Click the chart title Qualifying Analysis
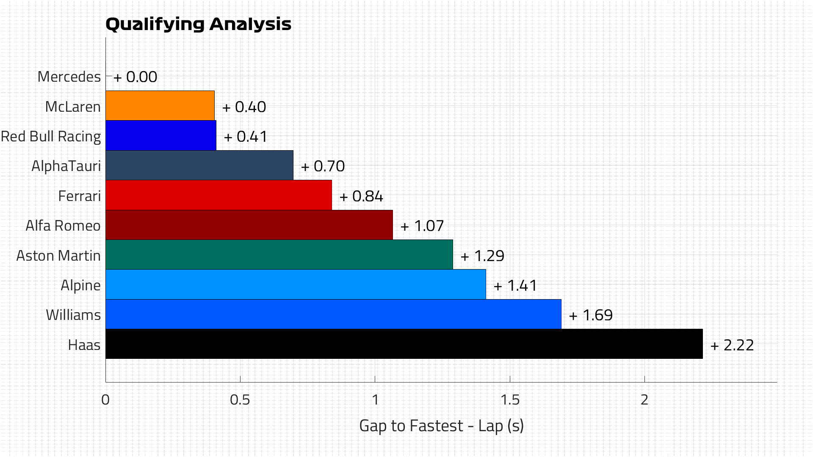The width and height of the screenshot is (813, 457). [198, 24]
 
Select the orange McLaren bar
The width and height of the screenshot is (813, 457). [160, 106]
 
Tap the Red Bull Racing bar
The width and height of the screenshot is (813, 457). [161, 136]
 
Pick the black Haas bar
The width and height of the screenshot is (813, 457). [404, 344]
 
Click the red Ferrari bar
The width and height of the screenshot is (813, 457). [218, 195]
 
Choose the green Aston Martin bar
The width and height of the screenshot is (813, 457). [279, 255]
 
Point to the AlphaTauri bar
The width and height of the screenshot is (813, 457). [199, 165]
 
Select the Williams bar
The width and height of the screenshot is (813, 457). [333, 314]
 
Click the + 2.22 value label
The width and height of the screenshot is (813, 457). [732, 345]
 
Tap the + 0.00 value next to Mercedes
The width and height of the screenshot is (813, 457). [135, 77]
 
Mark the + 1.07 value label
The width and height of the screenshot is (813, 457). [422, 226]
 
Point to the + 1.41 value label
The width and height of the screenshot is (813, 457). [515, 286]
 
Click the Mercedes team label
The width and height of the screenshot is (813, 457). [69, 77]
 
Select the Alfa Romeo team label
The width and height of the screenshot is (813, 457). [63, 226]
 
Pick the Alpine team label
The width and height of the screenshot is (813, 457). [80, 285]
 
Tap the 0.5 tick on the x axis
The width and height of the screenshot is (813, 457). [240, 400]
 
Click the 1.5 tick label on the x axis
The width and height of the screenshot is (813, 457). [510, 400]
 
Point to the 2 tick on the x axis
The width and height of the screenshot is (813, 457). [644, 400]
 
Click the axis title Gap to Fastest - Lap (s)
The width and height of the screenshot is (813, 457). [441, 426]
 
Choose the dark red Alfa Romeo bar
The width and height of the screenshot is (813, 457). [249, 225]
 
